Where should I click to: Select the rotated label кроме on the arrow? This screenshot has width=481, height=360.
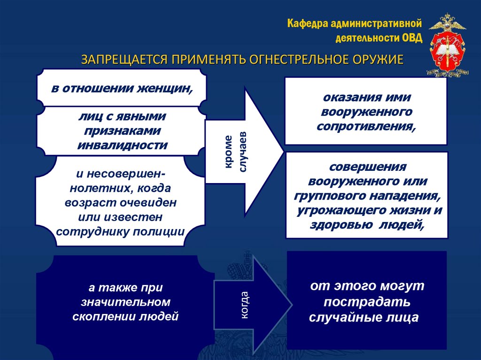228,152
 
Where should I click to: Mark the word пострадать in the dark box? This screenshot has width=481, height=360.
366,301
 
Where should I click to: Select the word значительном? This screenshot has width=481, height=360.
125,301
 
